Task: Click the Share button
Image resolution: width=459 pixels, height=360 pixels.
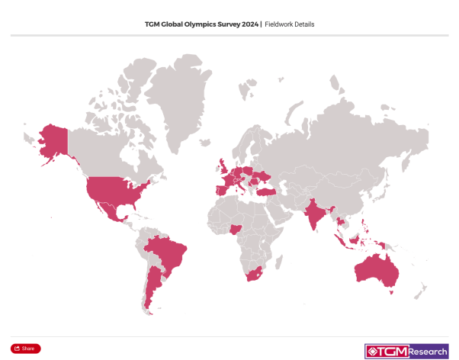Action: [x=25, y=348]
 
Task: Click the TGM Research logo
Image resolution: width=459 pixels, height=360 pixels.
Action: [x=406, y=351]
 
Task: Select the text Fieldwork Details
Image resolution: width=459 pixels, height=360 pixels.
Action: [x=289, y=24]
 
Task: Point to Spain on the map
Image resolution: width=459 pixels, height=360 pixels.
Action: [x=218, y=188]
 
